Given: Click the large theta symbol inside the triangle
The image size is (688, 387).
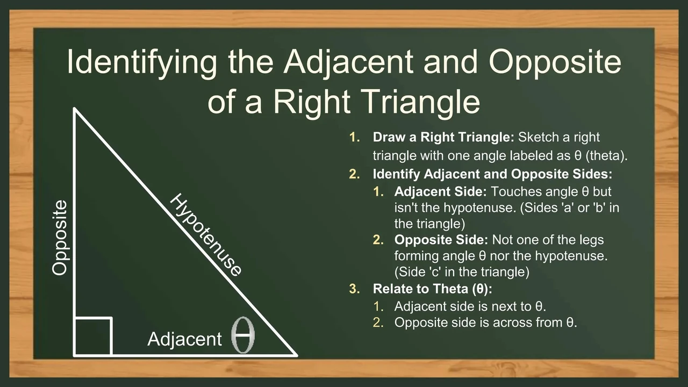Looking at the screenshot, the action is click(x=243, y=335).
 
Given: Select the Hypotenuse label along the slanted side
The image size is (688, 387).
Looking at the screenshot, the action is click(x=205, y=235).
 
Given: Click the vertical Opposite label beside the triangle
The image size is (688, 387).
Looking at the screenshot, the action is click(x=60, y=238).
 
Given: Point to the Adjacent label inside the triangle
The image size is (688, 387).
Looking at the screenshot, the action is click(x=184, y=339).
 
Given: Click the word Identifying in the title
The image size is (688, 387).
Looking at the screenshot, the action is click(x=142, y=62).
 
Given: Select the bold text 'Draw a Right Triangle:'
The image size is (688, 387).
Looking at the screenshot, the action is click(x=443, y=137).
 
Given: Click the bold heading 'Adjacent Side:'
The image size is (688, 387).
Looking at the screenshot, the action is click(x=440, y=192).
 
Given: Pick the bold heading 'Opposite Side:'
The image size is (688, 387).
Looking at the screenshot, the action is click(x=441, y=240).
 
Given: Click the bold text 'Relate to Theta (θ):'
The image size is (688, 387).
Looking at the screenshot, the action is click(x=433, y=289).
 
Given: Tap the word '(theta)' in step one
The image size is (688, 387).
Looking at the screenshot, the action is click(x=607, y=156).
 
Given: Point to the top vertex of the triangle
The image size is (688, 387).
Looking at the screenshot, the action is click(x=74, y=108).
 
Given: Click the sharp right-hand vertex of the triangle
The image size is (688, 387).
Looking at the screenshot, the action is click(x=297, y=356).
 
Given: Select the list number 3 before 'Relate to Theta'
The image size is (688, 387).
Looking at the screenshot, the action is click(x=354, y=289).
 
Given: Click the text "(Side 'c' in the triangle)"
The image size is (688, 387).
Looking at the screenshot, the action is click(x=462, y=272).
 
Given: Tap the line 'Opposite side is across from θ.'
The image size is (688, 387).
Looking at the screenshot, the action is click(x=485, y=322).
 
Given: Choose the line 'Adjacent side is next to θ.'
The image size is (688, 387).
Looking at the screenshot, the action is click(x=470, y=306).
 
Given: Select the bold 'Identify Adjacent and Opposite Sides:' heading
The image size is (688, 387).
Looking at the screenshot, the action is click(x=492, y=174).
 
